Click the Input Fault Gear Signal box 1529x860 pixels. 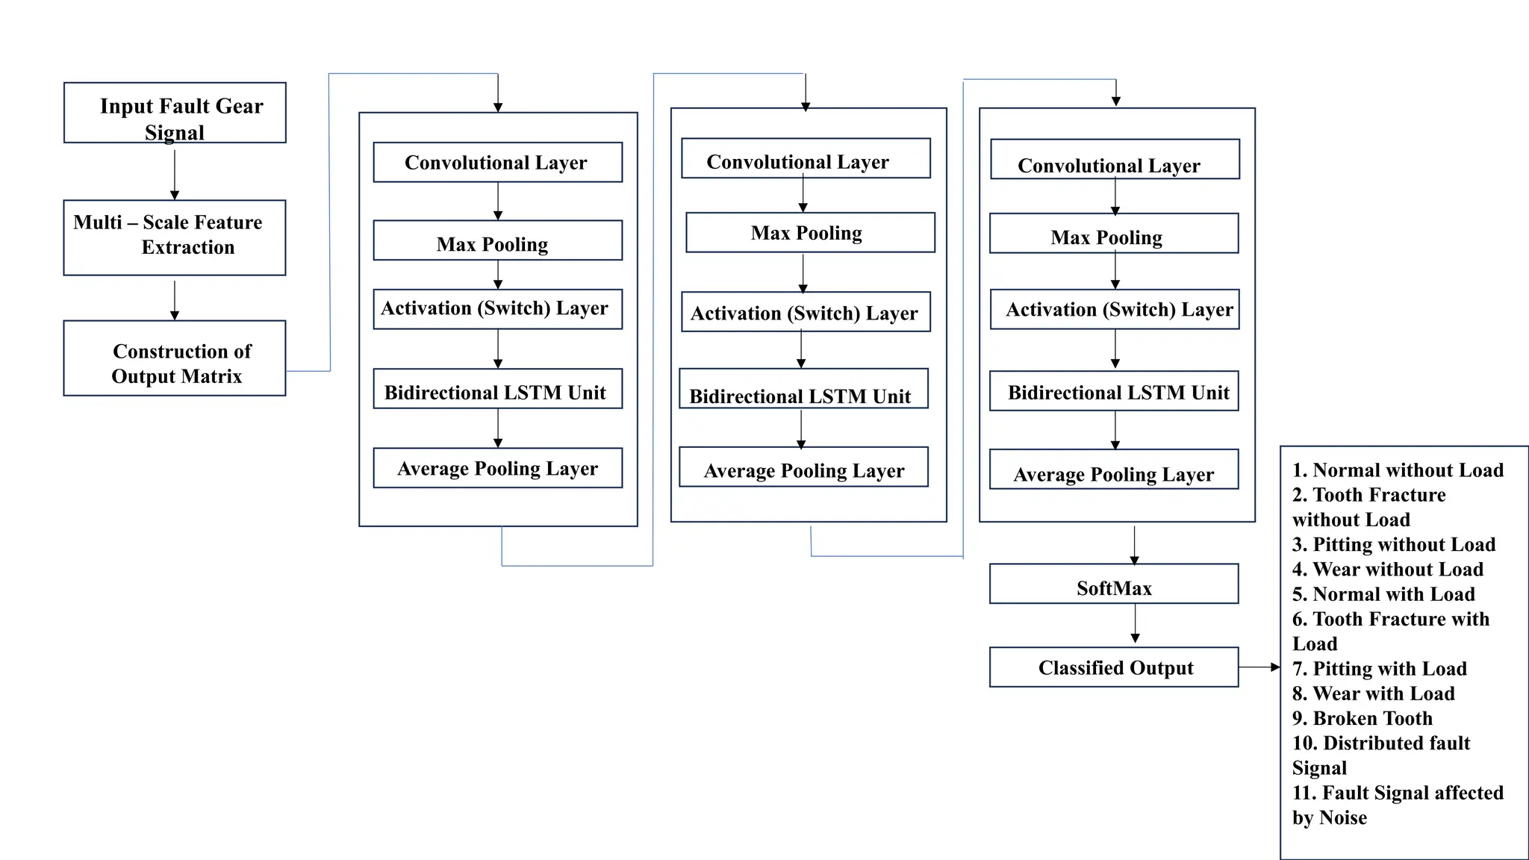tap(175, 113)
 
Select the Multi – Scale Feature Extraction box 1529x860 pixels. tap(175, 237)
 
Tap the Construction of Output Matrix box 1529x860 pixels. tap(175, 358)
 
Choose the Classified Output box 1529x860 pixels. tap(1113, 667)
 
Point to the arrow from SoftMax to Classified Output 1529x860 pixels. tap(1135, 623)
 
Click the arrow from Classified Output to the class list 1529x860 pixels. tap(1259, 667)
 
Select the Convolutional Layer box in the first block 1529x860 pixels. tap(497, 162)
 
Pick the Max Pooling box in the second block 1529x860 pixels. tap(810, 233)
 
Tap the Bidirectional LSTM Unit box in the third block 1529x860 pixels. tap(1114, 391)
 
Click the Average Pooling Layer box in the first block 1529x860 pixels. tap(497, 468)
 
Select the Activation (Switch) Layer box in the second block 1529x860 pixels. tap(805, 312)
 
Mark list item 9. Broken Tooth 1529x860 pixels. tap(1363, 718)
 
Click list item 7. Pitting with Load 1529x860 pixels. tap(1380, 669)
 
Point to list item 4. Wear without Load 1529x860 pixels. tap(1387, 570)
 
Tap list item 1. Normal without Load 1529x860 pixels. tap(1398, 470)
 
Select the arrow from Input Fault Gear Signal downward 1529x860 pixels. tap(175, 175)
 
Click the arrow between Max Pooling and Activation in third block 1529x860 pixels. tap(1115, 271)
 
